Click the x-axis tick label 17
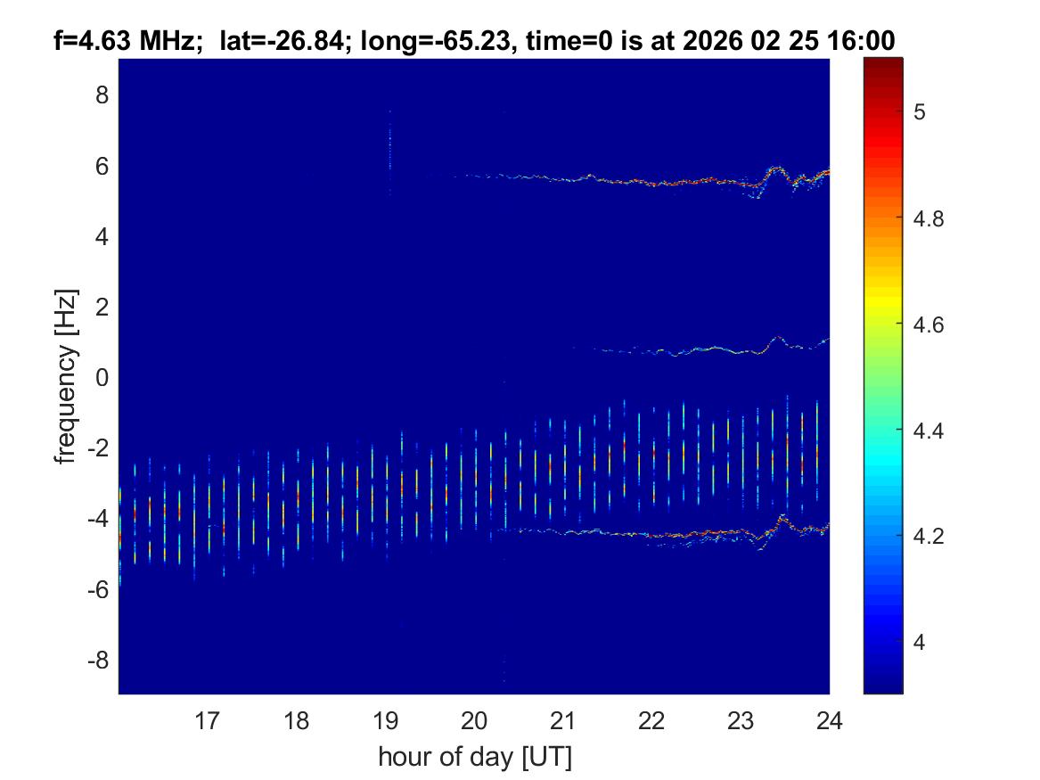tap(208, 719)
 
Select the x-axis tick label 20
tap(474, 719)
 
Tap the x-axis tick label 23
tap(741, 719)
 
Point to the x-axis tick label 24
tap(829, 719)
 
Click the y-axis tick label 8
tap(102, 94)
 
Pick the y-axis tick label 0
tap(102, 377)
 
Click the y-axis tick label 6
tap(102, 166)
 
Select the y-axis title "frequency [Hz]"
tap(65, 376)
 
